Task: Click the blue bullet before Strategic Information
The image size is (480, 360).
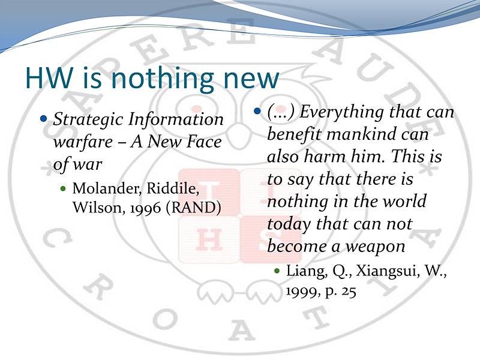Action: (x=44, y=118)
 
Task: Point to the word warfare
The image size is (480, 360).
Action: (x=83, y=142)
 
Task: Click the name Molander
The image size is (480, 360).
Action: (x=107, y=188)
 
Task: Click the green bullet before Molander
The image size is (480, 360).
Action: (x=63, y=188)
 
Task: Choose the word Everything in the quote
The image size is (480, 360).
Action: (x=338, y=112)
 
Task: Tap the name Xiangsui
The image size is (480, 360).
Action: (x=386, y=271)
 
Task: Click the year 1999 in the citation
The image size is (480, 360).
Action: (x=302, y=291)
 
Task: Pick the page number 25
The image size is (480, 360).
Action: (x=349, y=291)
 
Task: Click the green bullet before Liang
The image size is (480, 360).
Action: (x=277, y=271)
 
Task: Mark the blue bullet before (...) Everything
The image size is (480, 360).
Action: (x=257, y=110)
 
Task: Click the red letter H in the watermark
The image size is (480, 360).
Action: (x=209, y=239)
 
